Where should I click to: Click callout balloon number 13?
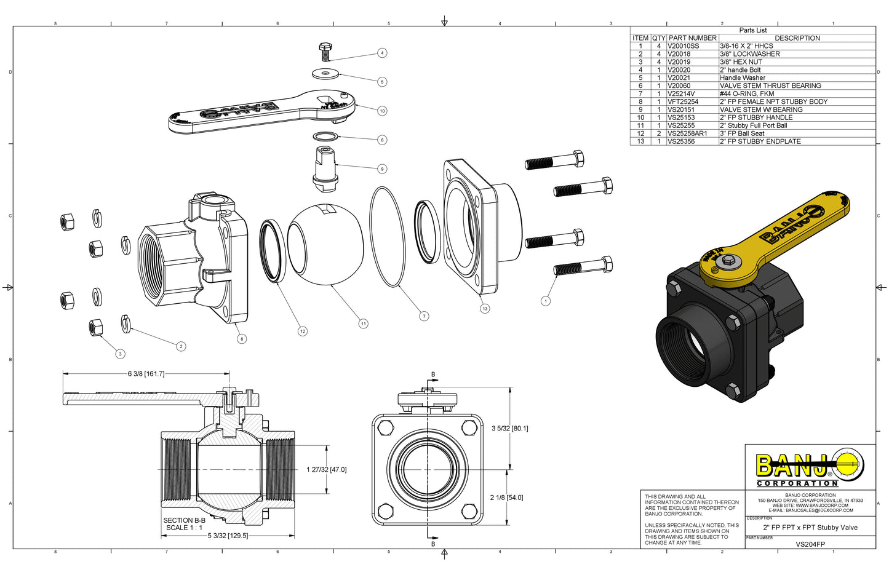tap(485, 309)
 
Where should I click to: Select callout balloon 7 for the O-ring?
tap(424, 316)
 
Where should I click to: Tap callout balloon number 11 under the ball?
tap(364, 323)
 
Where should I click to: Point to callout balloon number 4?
tap(382, 53)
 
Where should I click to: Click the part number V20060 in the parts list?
tap(679, 86)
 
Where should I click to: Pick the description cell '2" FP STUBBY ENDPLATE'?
tap(760, 141)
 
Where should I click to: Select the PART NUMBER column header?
tap(692, 38)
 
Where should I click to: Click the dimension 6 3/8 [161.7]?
tap(146, 374)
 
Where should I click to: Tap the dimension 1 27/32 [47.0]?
tap(326, 470)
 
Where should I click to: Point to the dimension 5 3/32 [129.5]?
tap(228, 536)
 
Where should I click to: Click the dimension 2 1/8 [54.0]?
tap(506, 498)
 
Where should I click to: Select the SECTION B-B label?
tap(184, 520)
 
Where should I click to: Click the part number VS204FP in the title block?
tap(810, 544)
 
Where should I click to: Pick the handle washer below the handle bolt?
tap(325, 74)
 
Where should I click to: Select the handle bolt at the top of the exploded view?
tap(326, 50)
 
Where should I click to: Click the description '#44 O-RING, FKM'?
tap(747, 94)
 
